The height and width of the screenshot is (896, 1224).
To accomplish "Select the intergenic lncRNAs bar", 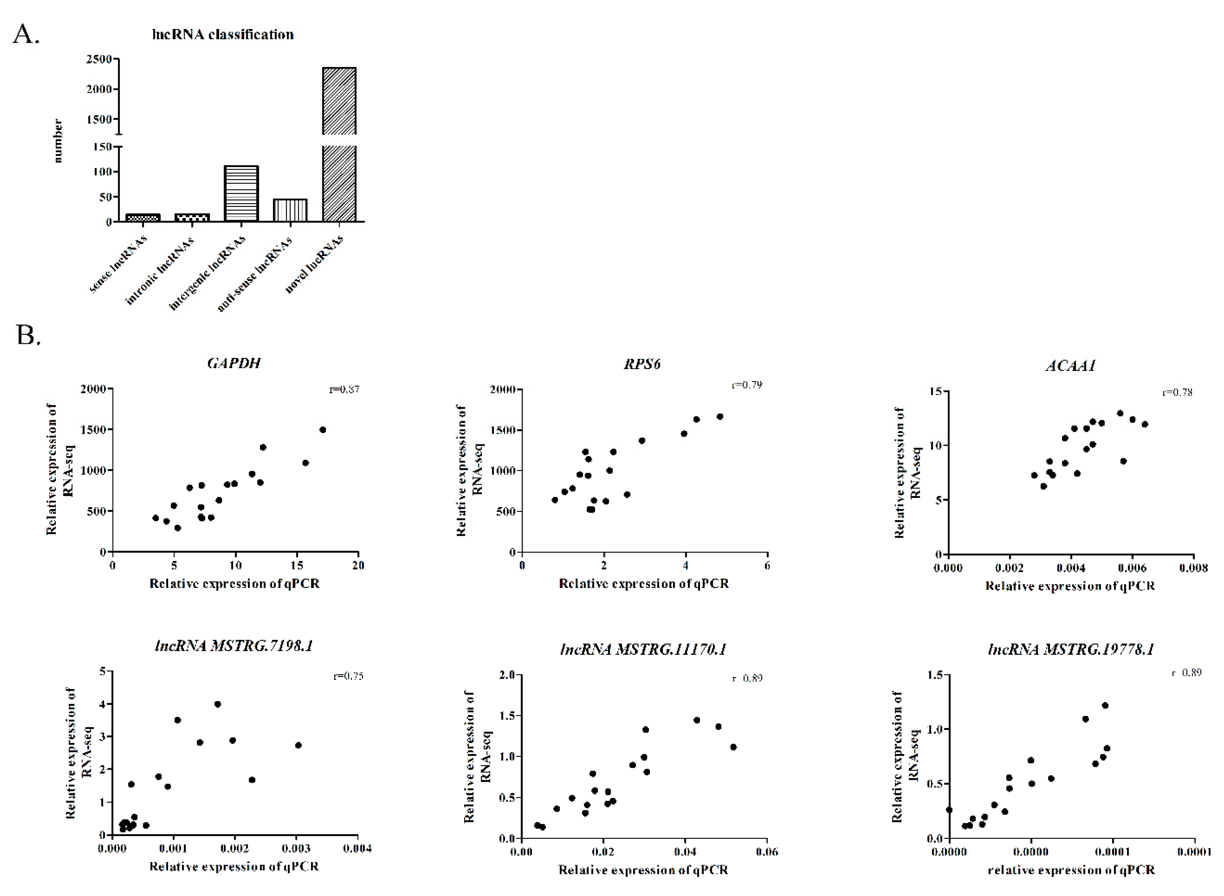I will click(241, 194).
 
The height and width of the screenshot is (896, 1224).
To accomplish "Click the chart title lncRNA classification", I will click(223, 35).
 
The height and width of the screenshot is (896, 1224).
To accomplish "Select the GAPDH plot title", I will click(234, 363).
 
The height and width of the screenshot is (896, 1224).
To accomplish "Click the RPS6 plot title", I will click(642, 363).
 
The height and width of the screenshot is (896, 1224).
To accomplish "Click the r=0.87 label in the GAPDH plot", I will click(344, 389).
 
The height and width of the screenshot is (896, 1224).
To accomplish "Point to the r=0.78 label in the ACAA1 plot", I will click(1177, 392).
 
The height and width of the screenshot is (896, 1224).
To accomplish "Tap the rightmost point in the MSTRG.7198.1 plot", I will click(298, 745).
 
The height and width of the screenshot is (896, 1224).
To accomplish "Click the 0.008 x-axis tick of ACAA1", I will click(1193, 568).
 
